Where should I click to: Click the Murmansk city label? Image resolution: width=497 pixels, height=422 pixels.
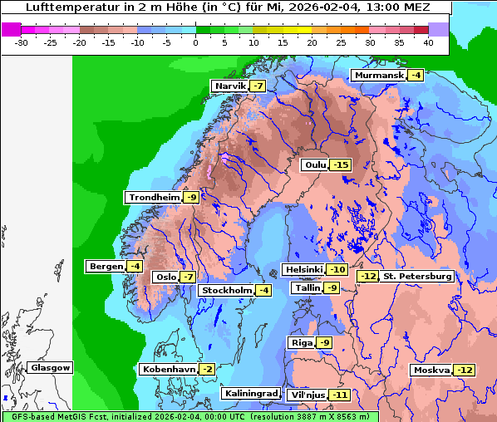(x=379, y=76)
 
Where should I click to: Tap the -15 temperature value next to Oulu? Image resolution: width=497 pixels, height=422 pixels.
(x=341, y=165)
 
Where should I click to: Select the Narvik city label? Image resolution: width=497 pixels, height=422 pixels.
(x=230, y=86)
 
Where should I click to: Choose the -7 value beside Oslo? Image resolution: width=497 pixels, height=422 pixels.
(x=189, y=277)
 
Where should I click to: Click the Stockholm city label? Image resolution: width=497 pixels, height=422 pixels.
(x=225, y=290)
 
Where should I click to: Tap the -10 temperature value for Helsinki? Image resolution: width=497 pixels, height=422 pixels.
(x=337, y=270)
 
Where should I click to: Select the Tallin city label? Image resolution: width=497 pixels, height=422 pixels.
(x=307, y=288)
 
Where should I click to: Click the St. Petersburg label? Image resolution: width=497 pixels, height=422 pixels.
(x=417, y=277)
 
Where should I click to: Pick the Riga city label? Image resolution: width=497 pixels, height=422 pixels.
(x=301, y=343)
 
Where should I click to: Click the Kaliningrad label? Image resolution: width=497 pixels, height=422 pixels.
(x=250, y=393)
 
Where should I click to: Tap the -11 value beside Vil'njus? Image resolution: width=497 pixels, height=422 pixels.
(x=339, y=395)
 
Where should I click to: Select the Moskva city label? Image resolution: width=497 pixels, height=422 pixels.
(x=431, y=370)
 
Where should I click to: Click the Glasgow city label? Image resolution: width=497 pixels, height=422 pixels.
(x=51, y=368)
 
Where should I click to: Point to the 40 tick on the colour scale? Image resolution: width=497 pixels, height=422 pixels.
(x=428, y=42)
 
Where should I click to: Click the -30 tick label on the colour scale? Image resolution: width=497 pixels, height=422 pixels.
(x=22, y=42)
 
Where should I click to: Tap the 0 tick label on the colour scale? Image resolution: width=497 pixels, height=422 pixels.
(x=195, y=42)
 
